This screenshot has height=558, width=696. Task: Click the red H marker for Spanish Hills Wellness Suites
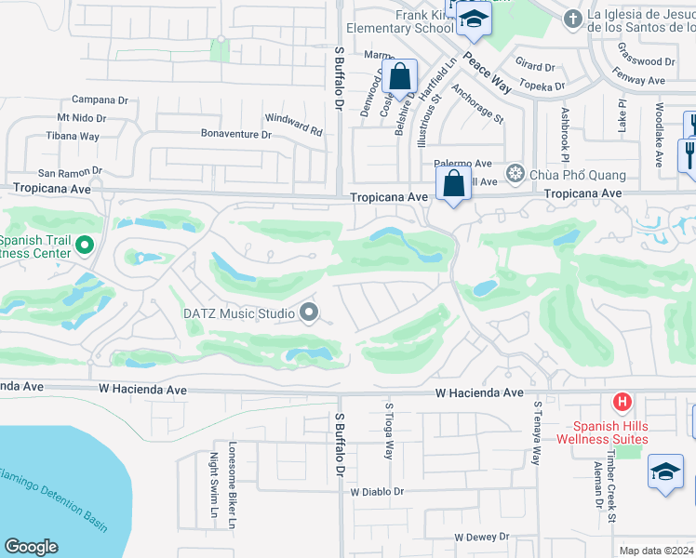[622, 402]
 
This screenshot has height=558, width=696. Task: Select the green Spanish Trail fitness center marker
[84, 246]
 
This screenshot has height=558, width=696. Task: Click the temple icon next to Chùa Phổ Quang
[514, 174]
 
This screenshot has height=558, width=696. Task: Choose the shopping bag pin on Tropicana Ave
[452, 183]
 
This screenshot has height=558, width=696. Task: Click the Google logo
[31, 547]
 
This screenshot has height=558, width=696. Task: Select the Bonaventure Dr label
[236, 134]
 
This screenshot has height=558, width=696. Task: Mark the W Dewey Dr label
[481, 537]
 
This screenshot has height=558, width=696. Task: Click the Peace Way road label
[489, 71]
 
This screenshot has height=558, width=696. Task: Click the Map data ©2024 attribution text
[655, 551]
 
